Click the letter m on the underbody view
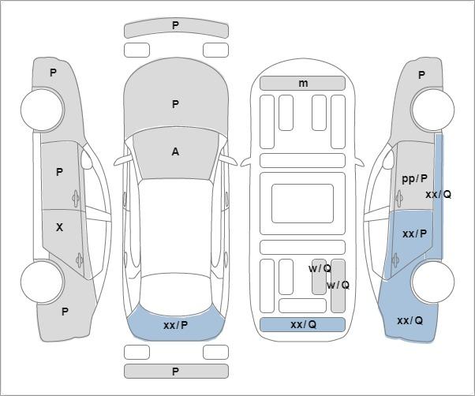303,84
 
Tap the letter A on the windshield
175,151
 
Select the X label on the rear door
59,227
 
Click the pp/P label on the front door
414,179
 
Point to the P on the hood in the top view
175,104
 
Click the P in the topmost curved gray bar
175,26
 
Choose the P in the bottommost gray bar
175,372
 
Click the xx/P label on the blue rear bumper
176,326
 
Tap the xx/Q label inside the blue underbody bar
303,324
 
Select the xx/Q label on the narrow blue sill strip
439,195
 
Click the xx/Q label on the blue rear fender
410,320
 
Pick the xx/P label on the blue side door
415,233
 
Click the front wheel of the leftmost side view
43,110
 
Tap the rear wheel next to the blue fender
432,282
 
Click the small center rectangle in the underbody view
302,204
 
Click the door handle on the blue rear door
395,260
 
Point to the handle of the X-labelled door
80,260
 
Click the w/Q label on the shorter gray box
320,268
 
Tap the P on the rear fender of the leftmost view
65,312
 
